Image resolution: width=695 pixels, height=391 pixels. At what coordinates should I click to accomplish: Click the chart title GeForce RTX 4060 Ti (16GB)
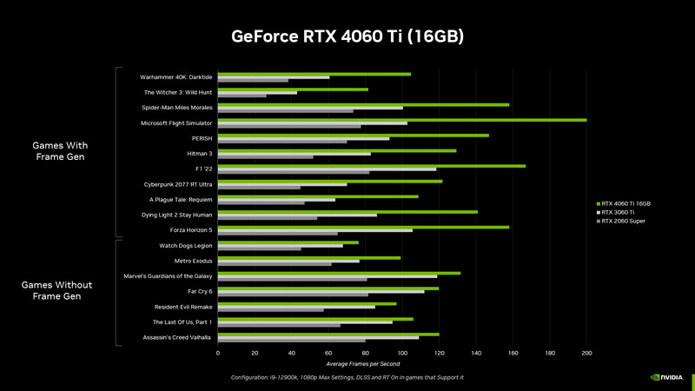click(x=347, y=36)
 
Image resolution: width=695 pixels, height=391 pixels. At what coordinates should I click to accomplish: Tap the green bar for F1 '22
click(x=371, y=166)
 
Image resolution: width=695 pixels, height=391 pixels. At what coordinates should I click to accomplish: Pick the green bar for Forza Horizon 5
click(x=363, y=227)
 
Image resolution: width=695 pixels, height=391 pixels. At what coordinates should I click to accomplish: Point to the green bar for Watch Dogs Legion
click(x=288, y=242)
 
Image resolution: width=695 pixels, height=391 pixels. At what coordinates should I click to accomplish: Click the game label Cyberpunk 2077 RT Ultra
click(x=177, y=184)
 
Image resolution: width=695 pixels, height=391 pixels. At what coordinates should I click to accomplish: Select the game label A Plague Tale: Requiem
click(x=181, y=199)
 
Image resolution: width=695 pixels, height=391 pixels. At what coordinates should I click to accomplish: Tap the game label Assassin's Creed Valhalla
click(x=177, y=337)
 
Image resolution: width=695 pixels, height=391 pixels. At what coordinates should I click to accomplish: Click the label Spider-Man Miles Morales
click(x=176, y=108)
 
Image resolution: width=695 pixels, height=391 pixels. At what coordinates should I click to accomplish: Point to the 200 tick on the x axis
click(x=586, y=354)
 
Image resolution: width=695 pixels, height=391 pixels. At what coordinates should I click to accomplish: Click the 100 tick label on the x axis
click(x=402, y=354)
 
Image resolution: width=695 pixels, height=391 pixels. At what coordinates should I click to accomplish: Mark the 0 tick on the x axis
click(x=217, y=354)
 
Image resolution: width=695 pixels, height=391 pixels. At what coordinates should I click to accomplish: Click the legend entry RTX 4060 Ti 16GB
click(x=625, y=203)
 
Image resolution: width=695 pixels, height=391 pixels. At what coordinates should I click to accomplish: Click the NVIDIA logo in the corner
click(x=666, y=378)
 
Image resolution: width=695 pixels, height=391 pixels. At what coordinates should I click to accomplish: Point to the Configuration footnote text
click(x=347, y=377)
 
